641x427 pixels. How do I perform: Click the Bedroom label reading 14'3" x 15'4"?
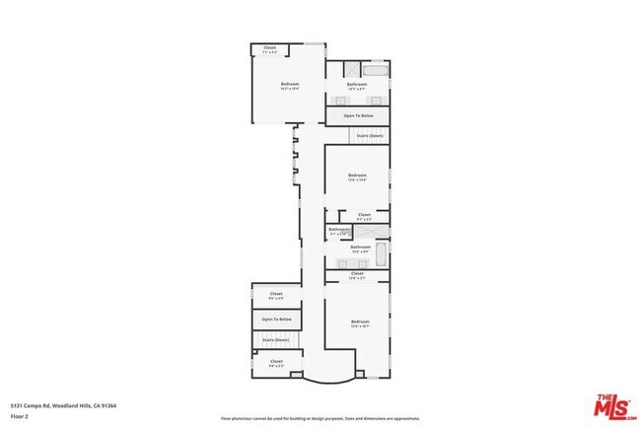pos(289,86)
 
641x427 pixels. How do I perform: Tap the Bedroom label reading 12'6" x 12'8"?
pos(357,177)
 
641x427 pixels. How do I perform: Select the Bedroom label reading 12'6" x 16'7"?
pos(360,323)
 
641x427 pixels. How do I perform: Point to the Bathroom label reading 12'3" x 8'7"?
pos(357,86)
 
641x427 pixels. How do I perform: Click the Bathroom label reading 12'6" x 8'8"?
pos(360,249)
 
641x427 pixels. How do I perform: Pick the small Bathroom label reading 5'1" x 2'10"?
pos(337,231)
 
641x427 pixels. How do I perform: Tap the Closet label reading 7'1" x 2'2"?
pos(270,48)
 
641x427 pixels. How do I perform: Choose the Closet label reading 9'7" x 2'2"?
pos(364,215)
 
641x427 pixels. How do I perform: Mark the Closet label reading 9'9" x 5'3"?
pos(276,362)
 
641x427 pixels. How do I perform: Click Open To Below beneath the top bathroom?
pos(357,115)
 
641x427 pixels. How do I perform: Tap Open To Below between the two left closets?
pos(276,319)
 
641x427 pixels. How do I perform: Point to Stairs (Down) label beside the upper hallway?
pos(369,134)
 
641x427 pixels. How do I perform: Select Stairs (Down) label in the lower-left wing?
pos(276,339)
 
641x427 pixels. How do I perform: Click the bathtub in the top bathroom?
pos(376,70)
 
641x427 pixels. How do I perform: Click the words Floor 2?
pos(19,415)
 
